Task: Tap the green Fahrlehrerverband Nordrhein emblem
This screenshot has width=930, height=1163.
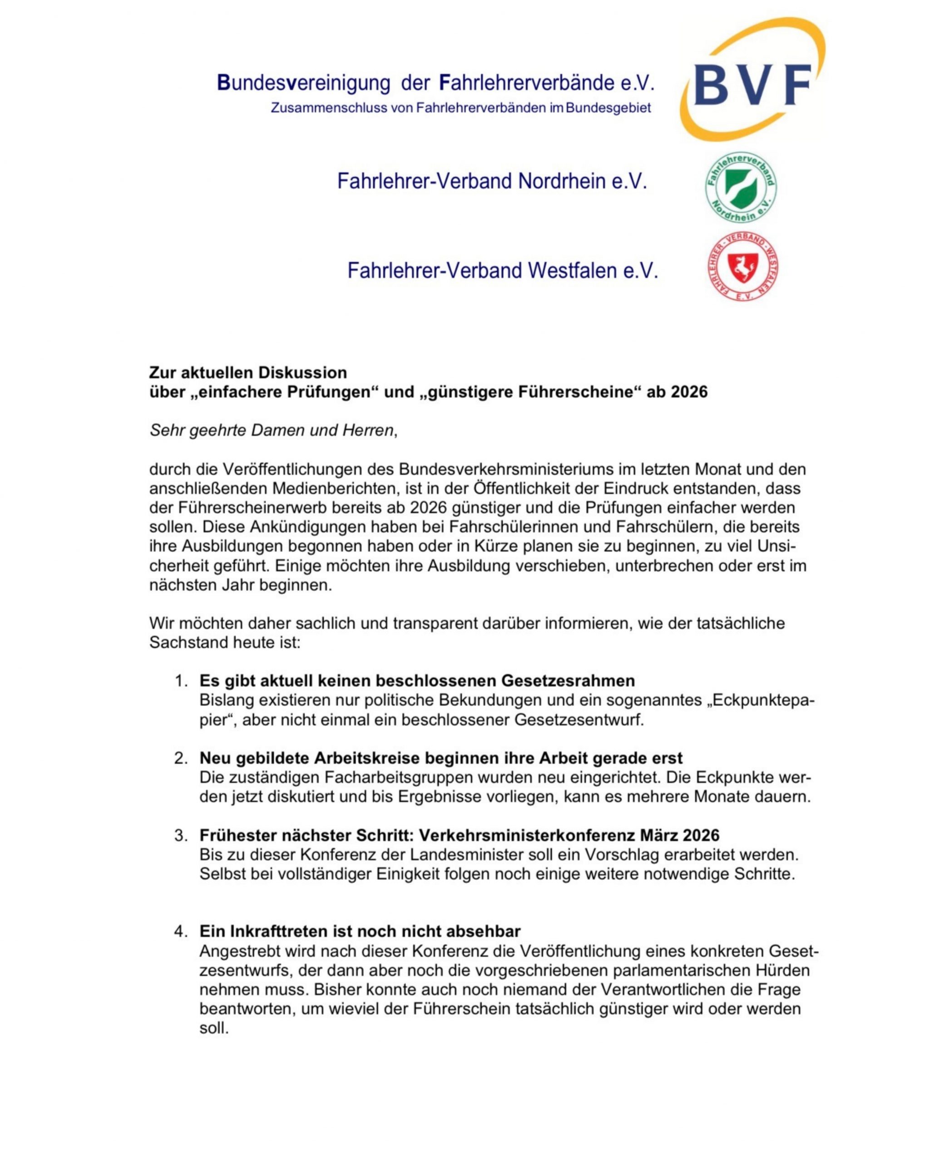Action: pyautogui.click(x=741, y=187)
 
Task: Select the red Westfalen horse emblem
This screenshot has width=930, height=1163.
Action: pyautogui.click(x=742, y=267)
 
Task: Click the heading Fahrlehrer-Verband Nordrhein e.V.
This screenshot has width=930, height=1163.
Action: pyautogui.click(x=492, y=181)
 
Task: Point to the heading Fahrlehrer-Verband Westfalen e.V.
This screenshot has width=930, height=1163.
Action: pyautogui.click(x=503, y=270)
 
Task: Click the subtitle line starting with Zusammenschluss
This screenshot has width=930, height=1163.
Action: pyautogui.click(x=460, y=108)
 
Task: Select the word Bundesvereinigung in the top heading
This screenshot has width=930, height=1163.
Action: pyautogui.click(x=303, y=83)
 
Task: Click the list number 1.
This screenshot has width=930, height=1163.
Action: pyautogui.click(x=180, y=681)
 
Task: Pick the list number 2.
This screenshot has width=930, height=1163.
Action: pyautogui.click(x=180, y=758)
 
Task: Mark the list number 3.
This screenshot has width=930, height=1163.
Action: pyautogui.click(x=180, y=835)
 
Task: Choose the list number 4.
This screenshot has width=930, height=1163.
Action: pyautogui.click(x=180, y=932)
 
